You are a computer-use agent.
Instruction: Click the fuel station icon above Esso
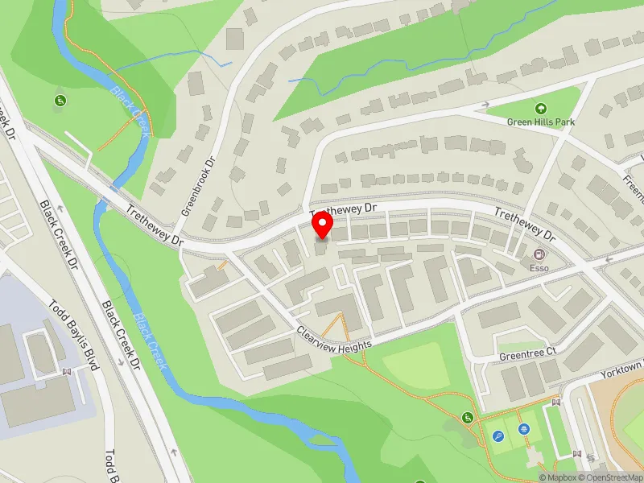tap(537, 254)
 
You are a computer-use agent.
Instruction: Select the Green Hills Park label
tap(540, 122)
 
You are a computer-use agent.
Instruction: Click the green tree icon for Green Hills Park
tap(540, 109)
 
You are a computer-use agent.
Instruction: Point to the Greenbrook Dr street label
tap(200, 184)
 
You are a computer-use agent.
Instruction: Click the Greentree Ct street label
tap(527, 353)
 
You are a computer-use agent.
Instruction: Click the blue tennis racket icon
tap(497, 436)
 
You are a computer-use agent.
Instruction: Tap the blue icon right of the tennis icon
tap(524, 430)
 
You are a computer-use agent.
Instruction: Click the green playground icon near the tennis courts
tap(468, 417)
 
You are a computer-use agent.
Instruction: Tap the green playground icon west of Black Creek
tap(60, 101)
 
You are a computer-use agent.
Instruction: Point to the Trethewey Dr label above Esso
tap(525, 225)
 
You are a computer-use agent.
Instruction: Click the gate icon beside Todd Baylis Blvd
tap(67, 372)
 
